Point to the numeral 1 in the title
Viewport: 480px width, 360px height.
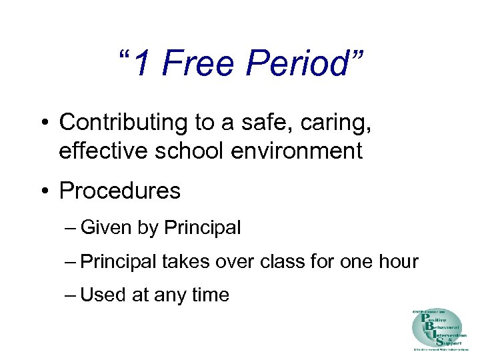(x=143, y=65)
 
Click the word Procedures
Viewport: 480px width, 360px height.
(x=120, y=191)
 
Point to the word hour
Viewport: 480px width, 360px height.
(x=397, y=261)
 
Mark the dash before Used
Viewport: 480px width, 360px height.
(x=71, y=295)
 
